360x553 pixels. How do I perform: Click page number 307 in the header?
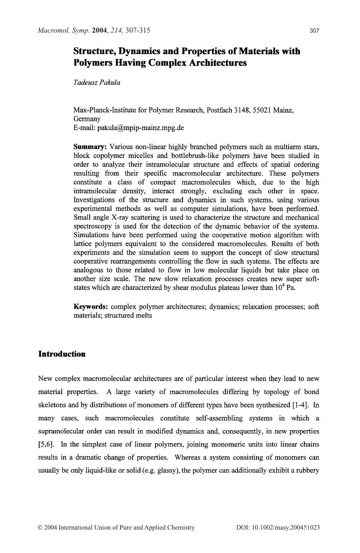[x=314, y=31]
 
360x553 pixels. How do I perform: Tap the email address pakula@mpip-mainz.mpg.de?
[x=140, y=128]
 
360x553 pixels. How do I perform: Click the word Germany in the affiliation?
[x=87, y=119]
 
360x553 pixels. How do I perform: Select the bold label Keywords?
[x=91, y=307]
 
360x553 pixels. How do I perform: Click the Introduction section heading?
[x=62, y=354]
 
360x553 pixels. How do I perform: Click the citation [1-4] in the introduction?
[x=301, y=405]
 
